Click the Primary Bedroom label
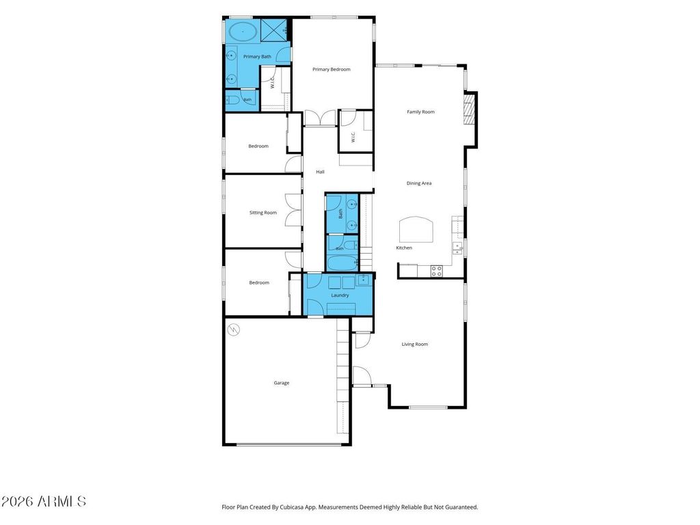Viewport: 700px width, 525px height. pyautogui.click(x=332, y=69)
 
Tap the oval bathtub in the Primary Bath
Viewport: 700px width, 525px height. pyautogui.click(x=243, y=31)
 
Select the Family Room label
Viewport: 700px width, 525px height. pyautogui.click(x=420, y=111)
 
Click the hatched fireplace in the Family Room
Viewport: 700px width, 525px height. pyautogui.click(x=468, y=109)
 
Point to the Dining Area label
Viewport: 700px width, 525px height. pyautogui.click(x=419, y=183)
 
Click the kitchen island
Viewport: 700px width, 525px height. pyautogui.click(x=416, y=229)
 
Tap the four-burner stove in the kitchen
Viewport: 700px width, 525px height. pyautogui.click(x=437, y=271)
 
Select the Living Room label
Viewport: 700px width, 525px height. pyautogui.click(x=415, y=345)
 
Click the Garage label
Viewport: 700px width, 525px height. pyautogui.click(x=281, y=383)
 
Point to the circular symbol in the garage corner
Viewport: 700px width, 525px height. pyautogui.click(x=234, y=330)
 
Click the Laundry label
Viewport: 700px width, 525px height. pyautogui.click(x=340, y=295)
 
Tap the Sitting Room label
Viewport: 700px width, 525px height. pyautogui.click(x=263, y=213)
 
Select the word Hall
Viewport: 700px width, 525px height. pyautogui.click(x=320, y=172)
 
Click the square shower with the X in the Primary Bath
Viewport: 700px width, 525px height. pyautogui.click(x=273, y=30)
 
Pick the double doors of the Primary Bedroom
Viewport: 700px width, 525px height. pyautogui.click(x=320, y=118)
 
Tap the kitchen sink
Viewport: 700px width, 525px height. pyautogui.click(x=457, y=247)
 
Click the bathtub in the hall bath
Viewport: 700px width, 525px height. pyautogui.click(x=342, y=262)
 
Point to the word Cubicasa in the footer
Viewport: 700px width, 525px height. pyautogui.click(x=293, y=507)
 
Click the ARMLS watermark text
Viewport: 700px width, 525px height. pyautogui.click(x=43, y=501)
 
